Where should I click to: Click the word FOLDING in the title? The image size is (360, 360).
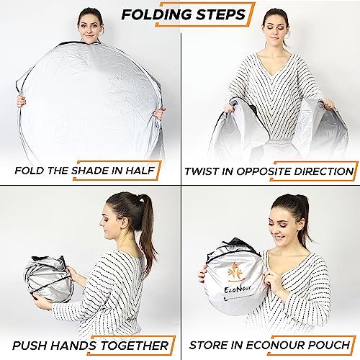pyautogui.click(x=157, y=14)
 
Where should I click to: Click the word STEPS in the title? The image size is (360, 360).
pyautogui.click(x=221, y=14)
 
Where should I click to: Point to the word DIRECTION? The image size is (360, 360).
pyautogui.click(x=324, y=171)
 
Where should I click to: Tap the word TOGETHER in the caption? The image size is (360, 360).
pyautogui.click(x=135, y=346)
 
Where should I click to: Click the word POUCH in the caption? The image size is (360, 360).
pyautogui.click(x=329, y=345)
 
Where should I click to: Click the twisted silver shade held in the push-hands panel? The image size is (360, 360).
pyautogui.click(x=48, y=279)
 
